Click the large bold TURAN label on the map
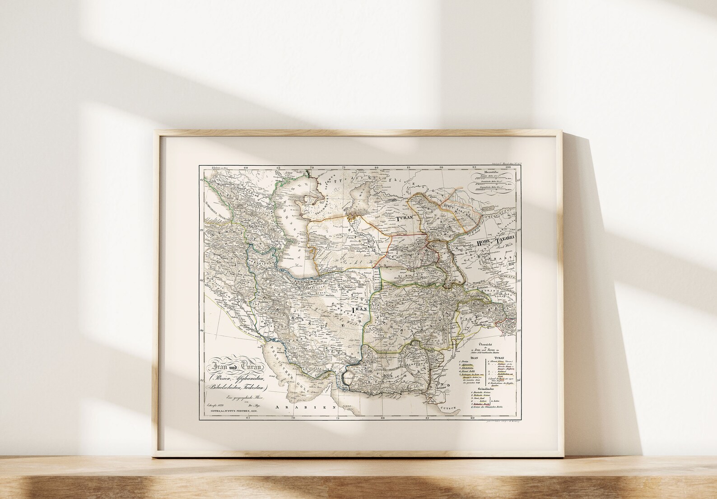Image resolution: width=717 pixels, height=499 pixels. [405, 218]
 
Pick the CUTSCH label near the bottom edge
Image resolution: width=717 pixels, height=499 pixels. [450, 408]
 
